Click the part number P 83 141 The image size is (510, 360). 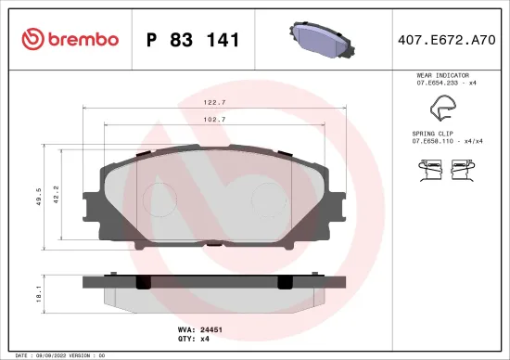(193, 40)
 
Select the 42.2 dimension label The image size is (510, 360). (56, 194)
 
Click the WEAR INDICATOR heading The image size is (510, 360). (442, 74)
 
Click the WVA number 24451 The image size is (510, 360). (212, 328)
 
